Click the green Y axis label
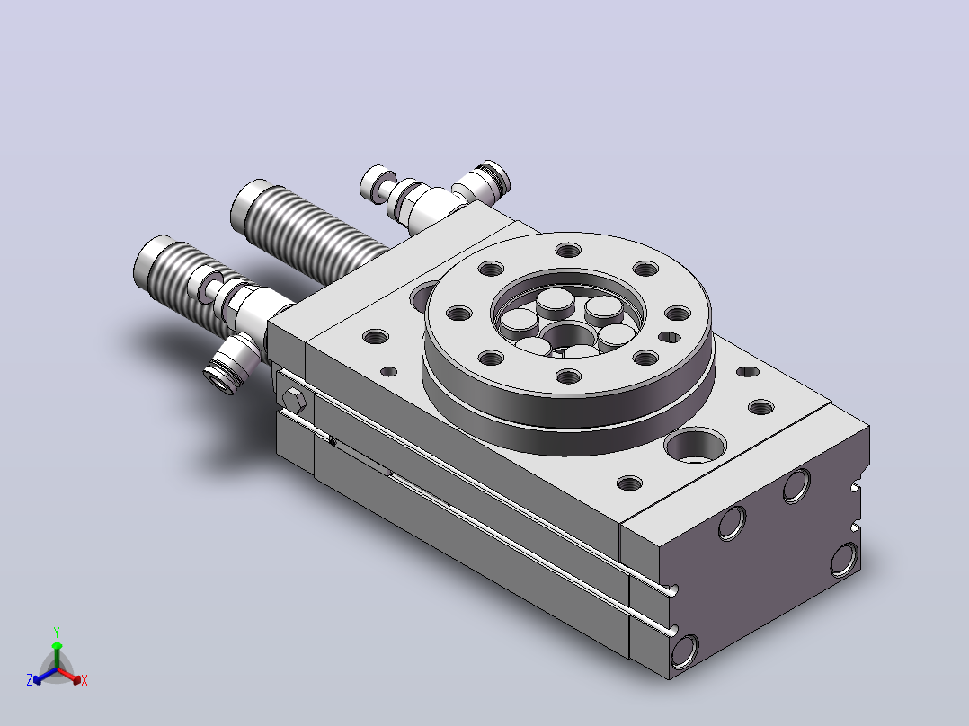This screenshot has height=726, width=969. (x=57, y=632)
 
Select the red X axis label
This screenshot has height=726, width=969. (x=84, y=680)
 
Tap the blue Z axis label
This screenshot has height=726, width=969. (x=30, y=680)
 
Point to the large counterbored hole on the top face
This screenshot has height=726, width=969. (x=695, y=445)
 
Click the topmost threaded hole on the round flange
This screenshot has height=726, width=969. (x=568, y=251)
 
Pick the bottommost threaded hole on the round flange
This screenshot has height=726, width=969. (x=568, y=376)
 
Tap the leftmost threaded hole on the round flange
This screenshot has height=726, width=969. (x=458, y=314)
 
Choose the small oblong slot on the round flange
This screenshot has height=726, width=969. (x=670, y=337)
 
